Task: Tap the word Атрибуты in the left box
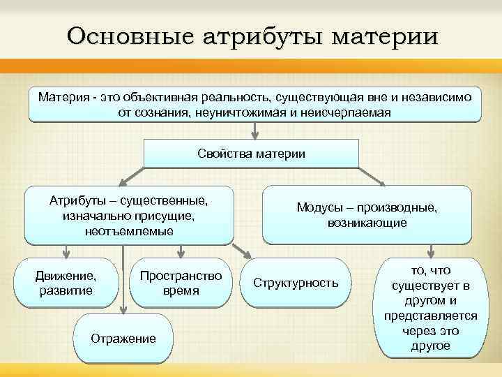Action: tap(76, 201)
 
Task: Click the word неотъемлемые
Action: tap(129, 230)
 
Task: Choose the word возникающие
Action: tap(367, 223)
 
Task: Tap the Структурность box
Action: tap(296, 283)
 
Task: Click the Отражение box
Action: tap(123, 339)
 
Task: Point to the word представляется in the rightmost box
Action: tap(430, 316)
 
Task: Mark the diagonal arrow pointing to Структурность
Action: tap(243, 252)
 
